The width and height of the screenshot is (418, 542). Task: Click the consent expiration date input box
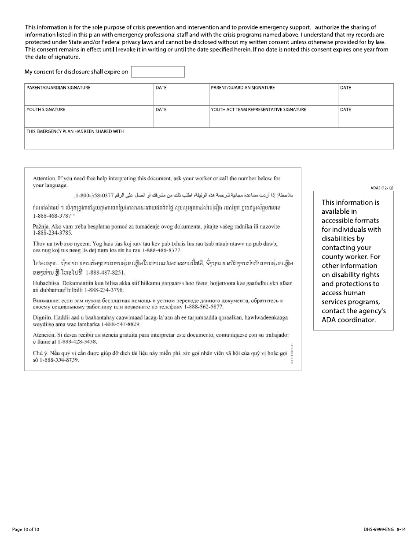[158, 72]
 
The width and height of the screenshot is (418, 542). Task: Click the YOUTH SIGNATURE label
[46, 110]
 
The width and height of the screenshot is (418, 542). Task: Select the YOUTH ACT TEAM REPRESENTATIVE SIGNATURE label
[258, 110]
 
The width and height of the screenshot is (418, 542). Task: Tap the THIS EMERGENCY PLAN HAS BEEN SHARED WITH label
[75, 131]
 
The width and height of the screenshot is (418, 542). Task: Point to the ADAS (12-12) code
[382, 188]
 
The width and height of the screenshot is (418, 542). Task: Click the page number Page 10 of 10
[26, 529]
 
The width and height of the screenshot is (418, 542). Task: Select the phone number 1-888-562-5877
[201, 307]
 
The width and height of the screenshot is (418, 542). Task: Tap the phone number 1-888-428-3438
[75, 342]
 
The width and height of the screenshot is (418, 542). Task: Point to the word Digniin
[42, 317]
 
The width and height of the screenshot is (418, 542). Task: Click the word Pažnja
[42, 226]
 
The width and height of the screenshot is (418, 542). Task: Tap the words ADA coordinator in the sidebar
[349, 320]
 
